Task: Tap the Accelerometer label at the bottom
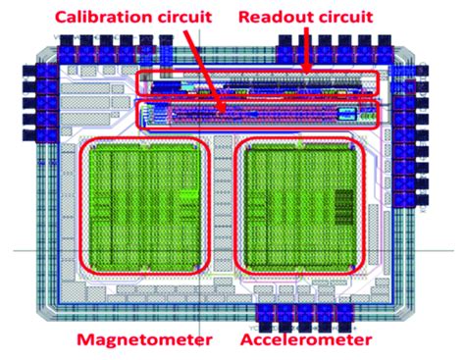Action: tap(305, 340)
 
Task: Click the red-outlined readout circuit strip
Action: tap(257, 83)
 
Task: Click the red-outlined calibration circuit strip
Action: tap(257, 115)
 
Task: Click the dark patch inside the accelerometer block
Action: tap(343, 206)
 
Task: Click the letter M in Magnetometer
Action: tap(89, 340)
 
